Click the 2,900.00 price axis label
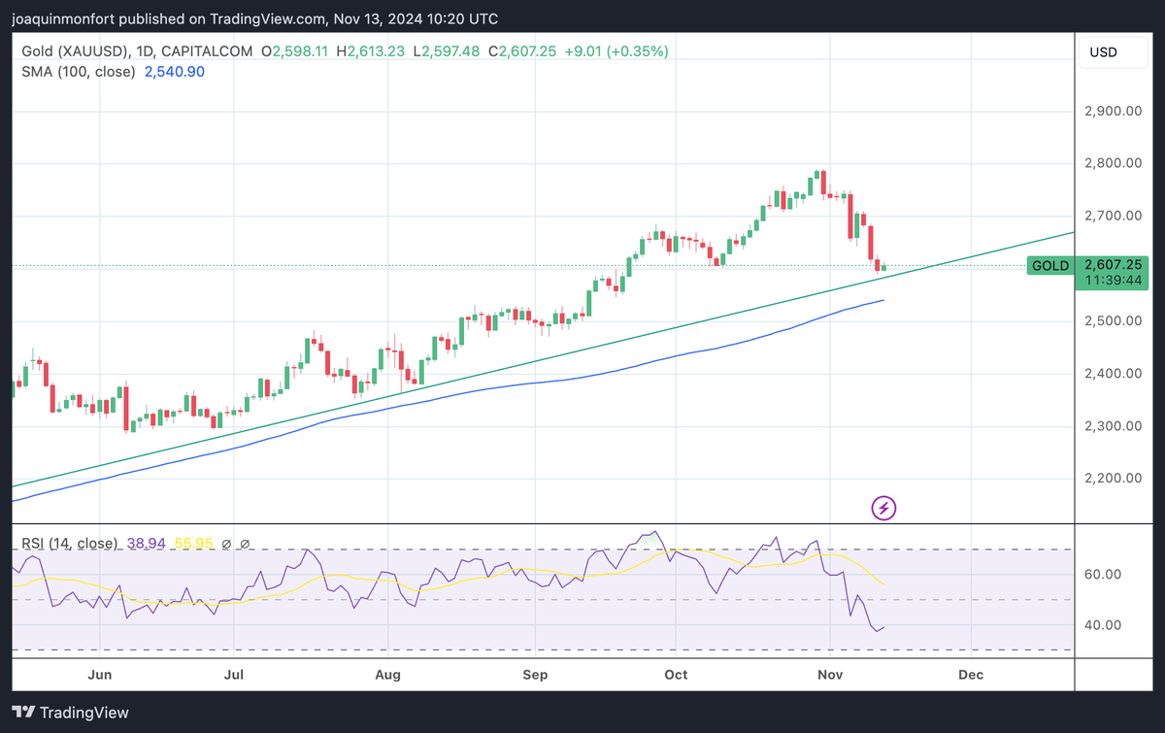[1112, 111]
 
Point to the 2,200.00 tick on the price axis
[1112, 478]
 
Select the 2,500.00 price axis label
[1112, 320]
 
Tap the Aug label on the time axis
[387, 674]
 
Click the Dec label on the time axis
[971, 674]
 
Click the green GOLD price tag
[1050, 265]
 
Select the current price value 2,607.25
[1113, 264]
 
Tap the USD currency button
[1104, 50]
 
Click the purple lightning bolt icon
[883, 507]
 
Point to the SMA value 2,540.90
[174, 71]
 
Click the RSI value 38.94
[142, 544]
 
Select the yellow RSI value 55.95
[189, 544]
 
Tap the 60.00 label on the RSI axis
[1102, 574]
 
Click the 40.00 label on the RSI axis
[1102, 624]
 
